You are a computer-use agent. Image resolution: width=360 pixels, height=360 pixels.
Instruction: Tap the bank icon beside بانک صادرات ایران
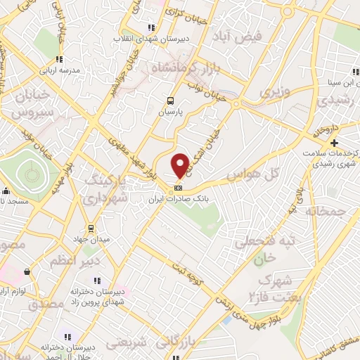tap(179, 188)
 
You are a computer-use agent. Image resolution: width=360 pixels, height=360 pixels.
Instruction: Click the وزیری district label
tap(274, 91)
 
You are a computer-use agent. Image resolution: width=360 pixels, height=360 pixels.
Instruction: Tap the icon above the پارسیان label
tap(169, 101)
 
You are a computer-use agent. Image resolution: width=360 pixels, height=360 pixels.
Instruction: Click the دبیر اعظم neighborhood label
tap(71, 261)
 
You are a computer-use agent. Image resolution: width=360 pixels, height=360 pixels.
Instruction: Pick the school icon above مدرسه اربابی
tap(60, 59)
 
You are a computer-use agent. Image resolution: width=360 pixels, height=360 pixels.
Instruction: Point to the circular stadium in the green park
tap(30, 169)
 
